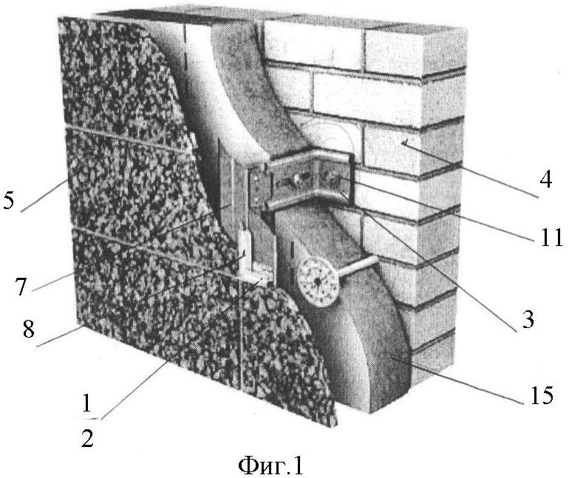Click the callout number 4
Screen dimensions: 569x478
pyautogui.click(x=545, y=180)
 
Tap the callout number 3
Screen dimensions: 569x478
pyautogui.click(x=528, y=318)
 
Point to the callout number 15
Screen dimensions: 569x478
pyautogui.click(x=542, y=395)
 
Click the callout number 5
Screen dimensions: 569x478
pyautogui.click(x=8, y=199)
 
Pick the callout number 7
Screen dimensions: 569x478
pyautogui.click(x=21, y=286)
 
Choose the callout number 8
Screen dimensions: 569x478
pyautogui.click(x=28, y=329)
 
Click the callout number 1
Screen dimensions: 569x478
pyautogui.click(x=86, y=403)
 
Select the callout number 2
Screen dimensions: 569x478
pyautogui.click(x=87, y=437)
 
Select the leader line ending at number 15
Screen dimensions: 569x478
pyautogui.click(x=457, y=380)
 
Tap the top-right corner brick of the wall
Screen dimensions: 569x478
pyautogui.click(x=414, y=51)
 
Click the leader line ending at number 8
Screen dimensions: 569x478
pyautogui.click(x=61, y=336)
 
